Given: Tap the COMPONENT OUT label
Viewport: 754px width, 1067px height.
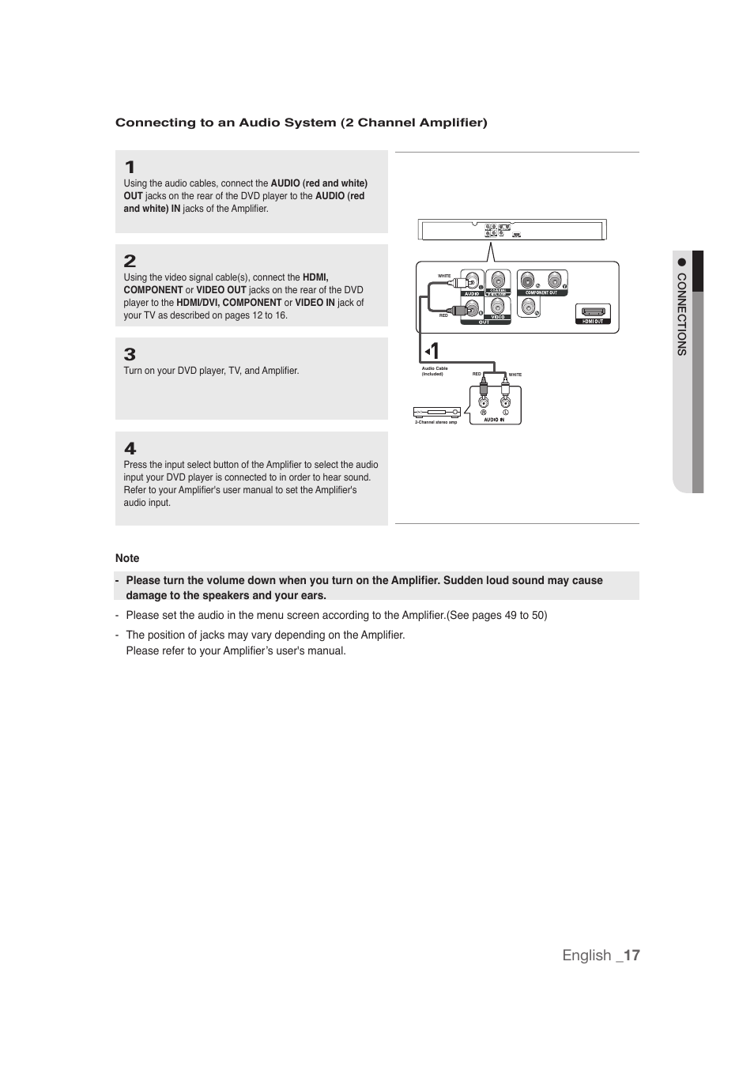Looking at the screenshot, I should (541, 292).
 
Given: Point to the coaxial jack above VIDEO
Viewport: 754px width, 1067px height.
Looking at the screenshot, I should (498, 280).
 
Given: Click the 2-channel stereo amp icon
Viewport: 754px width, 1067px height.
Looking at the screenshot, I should (436, 412).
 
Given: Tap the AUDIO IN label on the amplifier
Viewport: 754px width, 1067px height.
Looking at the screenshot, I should (494, 420).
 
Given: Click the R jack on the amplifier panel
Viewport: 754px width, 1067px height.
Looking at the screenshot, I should (484, 401).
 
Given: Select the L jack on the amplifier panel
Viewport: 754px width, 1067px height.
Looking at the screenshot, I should (505, 401).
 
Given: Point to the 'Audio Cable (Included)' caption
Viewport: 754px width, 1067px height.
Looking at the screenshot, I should (434, 371).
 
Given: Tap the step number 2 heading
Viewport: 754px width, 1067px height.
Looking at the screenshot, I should (130, 261).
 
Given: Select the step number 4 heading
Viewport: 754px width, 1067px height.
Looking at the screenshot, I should (130, 448).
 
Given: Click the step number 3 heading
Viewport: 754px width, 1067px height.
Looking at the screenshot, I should (130, 354).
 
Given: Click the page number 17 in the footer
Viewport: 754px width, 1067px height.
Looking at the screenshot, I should (631, 955).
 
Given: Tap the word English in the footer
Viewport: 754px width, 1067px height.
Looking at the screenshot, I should (586, 955).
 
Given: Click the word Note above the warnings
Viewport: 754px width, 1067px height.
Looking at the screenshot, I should (127, 558).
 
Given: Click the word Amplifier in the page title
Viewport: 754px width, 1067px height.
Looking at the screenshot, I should (451, 123).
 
